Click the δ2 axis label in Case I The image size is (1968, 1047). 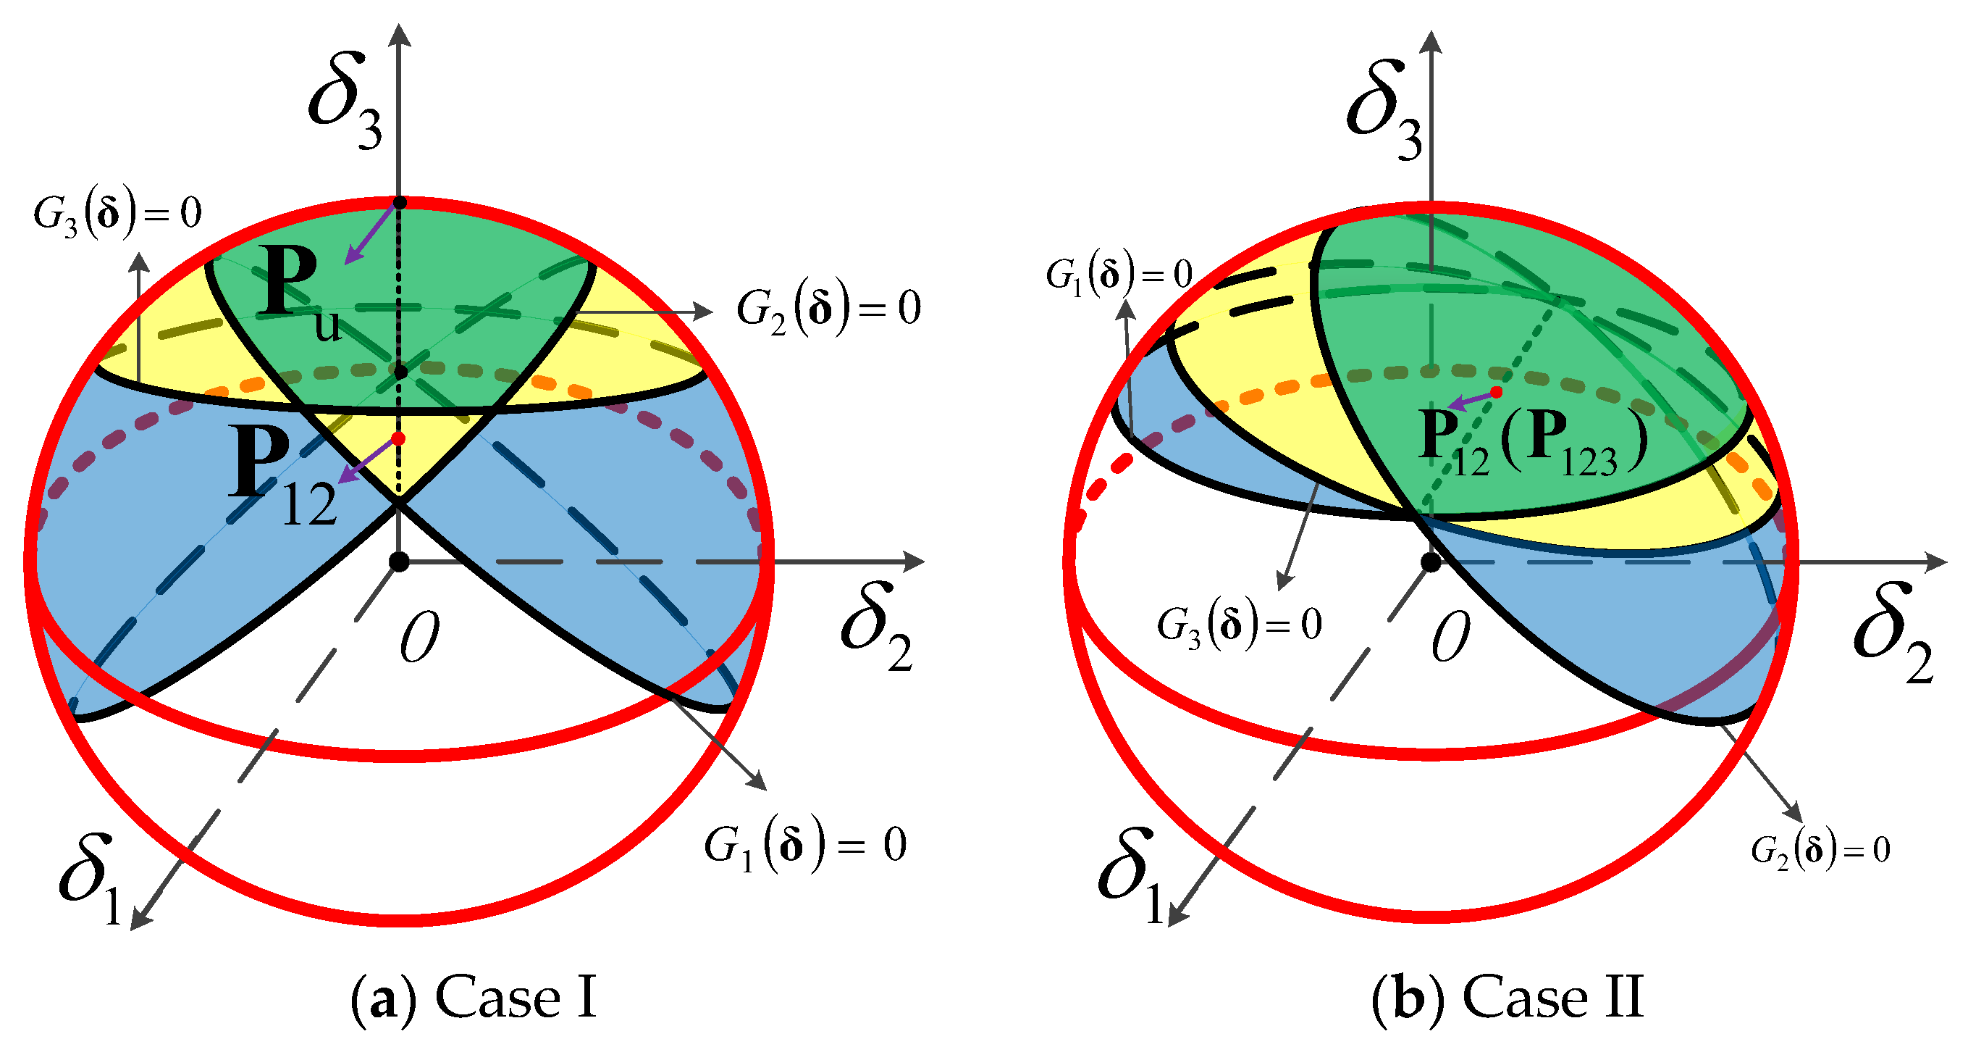(x=878, y=627)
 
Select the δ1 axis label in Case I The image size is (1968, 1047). (x=92, y=879)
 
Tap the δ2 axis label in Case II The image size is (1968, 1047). (x=1893, y=631)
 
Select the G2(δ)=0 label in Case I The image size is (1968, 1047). (x=828, y=309)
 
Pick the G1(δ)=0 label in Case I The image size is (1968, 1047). (x=805, y=846)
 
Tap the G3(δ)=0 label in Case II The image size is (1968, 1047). (x=1239, y=626)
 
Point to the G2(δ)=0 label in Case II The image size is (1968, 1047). (x=1820, y=850)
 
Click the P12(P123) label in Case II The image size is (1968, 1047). (x=1532, y=444)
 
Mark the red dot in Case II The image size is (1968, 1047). (x=1496, y=392)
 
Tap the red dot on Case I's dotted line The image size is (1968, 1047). (x=398, y=438)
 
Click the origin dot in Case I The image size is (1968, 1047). (x=399, y=562)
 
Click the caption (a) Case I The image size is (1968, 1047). (x=474, y=998)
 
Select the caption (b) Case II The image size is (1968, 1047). (x=1507, y=998)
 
